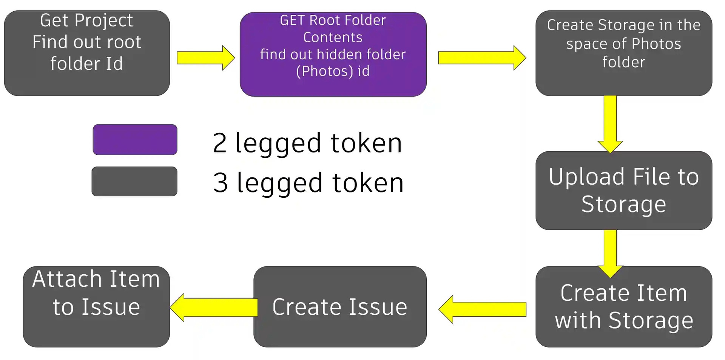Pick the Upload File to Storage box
point(623,190)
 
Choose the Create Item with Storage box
point(623,306)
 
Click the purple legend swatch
point(135,140)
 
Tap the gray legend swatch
point(134,182)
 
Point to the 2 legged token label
point(307,143)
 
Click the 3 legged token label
point(308,183)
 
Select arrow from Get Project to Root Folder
point(205,58)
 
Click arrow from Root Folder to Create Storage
point(481,58)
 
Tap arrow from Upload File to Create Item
point(610,252)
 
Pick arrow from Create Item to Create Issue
point(483,309)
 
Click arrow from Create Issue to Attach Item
point(214,307)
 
